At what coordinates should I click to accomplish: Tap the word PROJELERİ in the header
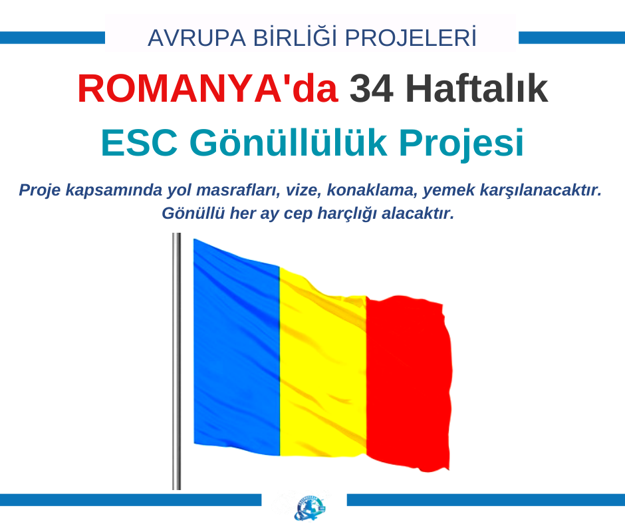[411, 37]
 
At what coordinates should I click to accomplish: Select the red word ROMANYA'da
[207, 89]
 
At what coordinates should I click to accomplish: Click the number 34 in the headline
[372, 89]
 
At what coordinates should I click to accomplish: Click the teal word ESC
[139, 143]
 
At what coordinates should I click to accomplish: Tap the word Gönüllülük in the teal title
[288, 143]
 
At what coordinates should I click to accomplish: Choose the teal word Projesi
[461, 144]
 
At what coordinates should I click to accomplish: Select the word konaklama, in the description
[372, 190]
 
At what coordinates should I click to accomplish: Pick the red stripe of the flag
[408, 383]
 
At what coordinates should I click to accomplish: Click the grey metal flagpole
[177, 361]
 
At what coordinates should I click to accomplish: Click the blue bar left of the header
[53, 38]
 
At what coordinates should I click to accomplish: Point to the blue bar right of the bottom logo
[486, 500]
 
